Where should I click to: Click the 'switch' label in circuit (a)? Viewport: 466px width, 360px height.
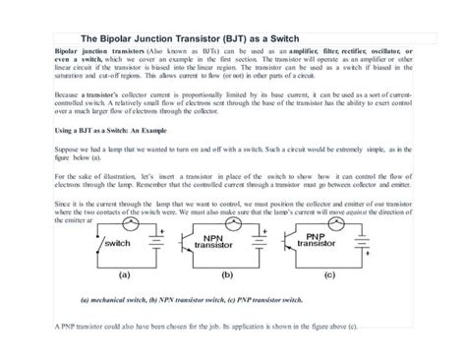coord(118,242)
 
